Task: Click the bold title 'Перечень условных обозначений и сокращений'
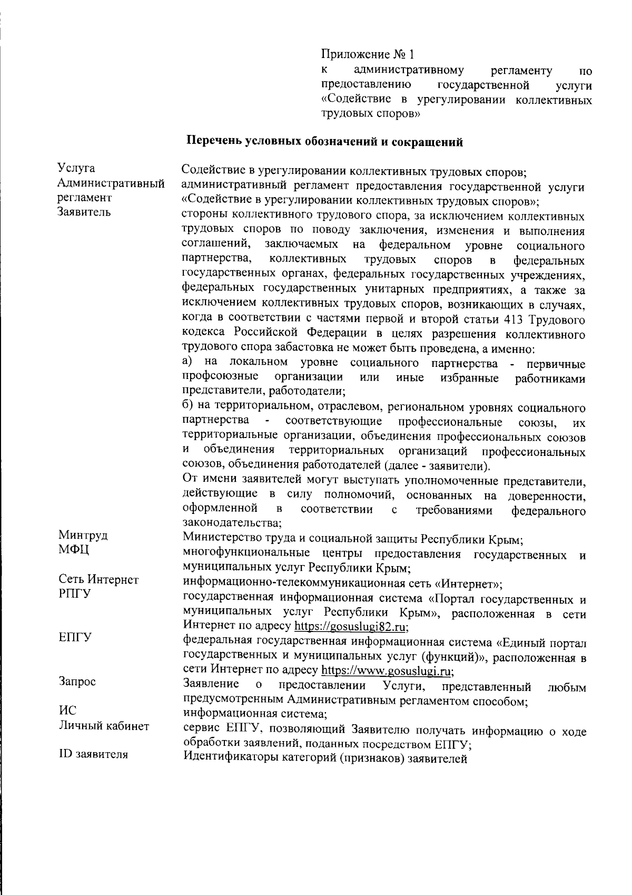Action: tap(325, 141)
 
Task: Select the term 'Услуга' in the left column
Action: tap(76, 168)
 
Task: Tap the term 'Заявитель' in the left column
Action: tap(84, 212)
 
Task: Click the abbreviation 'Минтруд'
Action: tap(83, 536)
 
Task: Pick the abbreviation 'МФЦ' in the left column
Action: tap(74, 550)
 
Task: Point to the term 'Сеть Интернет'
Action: tap(98, 580)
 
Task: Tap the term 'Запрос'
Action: tap(77, 682)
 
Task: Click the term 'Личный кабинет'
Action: tap(104, 726)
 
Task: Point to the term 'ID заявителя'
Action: tap(93, 754)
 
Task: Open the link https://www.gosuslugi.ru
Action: tap(388, 671)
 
